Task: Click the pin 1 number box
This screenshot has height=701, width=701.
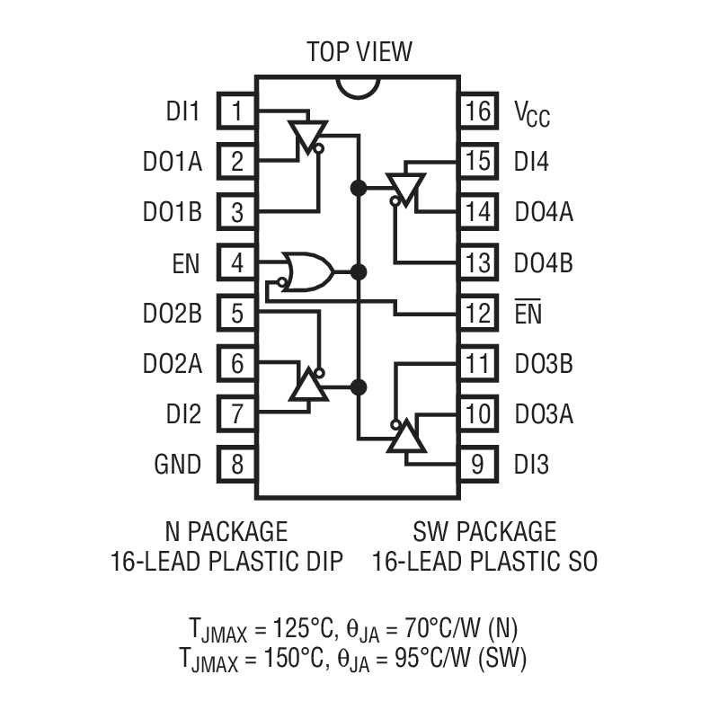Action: click(x=237, y=111)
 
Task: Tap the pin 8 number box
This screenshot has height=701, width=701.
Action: click(x=237, y=465)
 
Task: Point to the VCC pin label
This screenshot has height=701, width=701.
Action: click(x=532, y=113)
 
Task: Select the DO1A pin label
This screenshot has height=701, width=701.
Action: click(x=172, y=162)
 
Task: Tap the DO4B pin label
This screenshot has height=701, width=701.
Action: click(x=544, y=263)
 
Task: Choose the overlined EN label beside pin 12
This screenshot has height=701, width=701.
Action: click(x=527, y=314)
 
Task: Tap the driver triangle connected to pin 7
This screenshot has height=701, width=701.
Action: click(x=307, y=386)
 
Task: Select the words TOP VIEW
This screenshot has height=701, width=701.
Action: click(x=359, y=51)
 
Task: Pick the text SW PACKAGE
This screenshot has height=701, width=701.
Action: click(x=484, y=530)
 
